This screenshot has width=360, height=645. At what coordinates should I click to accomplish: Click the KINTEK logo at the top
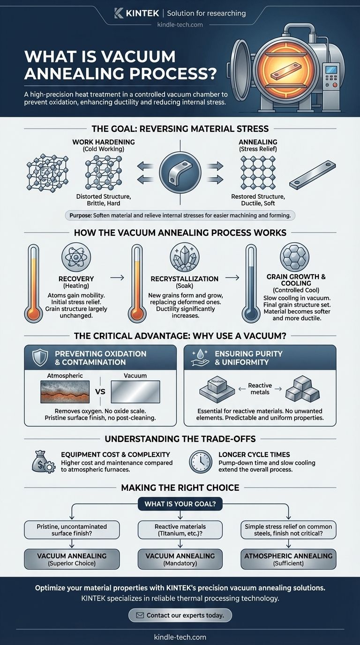(x=137, y=13)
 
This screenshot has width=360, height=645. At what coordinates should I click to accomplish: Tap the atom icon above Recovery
(x=76, y=256)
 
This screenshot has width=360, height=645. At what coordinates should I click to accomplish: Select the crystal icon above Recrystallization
(x=184, y=256)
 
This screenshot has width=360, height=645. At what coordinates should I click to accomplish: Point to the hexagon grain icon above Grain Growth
(x=294, y=256)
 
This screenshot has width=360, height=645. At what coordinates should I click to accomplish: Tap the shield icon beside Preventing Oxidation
(x=40, y=357)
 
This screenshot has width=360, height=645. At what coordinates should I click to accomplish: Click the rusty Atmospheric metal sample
(x=65, y=391)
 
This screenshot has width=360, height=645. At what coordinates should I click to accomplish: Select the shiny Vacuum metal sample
(x=135, y=391)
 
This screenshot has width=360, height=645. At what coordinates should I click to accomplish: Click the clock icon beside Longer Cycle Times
(x=201, y=462)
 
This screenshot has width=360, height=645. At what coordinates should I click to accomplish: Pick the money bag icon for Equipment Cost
(x=43, y=462)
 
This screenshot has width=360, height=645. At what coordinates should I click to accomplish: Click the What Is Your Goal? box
(x=180, y=504)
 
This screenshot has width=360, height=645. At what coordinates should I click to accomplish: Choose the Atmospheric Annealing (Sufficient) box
(x=288, y=559)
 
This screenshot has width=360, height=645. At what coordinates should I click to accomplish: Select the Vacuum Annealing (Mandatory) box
(x=180, y=559)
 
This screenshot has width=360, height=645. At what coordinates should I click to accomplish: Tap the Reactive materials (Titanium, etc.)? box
(x=180, y=530)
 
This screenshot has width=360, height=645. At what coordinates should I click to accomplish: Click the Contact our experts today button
(x=180, y=615)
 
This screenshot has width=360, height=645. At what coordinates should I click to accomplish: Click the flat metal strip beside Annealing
(x=313, y=174)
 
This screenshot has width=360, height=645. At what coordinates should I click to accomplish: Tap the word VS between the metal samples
(x=100, y=391)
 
